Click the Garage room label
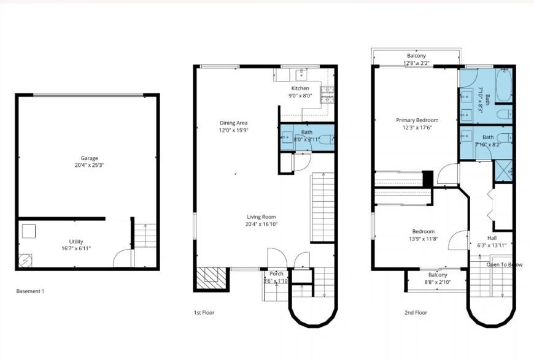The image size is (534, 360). coord(90,158)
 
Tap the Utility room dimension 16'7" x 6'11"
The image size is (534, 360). coord(76,249)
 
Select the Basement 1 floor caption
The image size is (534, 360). coord(30,291)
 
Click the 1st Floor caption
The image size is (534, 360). coord(204,313)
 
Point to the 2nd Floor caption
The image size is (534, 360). coord(416,313)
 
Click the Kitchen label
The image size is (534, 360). coord(300,88)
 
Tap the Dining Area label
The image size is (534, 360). coord(233,123)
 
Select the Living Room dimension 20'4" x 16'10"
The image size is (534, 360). coord(261,224)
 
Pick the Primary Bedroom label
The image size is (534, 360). coord(417,120)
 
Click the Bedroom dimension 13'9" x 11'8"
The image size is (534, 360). coord(423,239)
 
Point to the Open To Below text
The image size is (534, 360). coord(505,265)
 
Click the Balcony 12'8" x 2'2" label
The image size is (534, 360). coord(416,63)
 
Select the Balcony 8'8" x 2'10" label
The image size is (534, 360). coord(438,283)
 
